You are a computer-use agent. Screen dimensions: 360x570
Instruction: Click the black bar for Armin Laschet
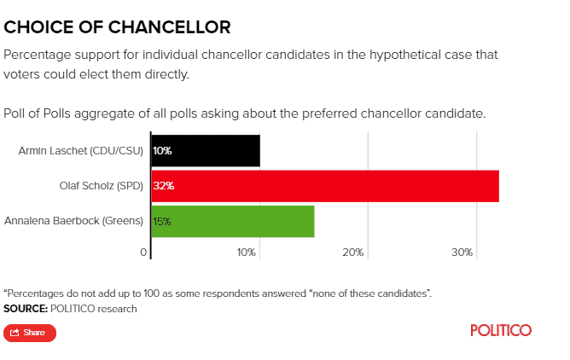pyautogui.click(x=206, y=151)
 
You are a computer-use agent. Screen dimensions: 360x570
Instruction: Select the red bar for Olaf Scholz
pyautogui.click(x=325, y=186)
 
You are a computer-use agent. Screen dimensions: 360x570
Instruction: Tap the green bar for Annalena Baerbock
pyautogui.click(x=233, y=221)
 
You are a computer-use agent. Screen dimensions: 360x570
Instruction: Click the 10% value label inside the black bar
pyautogui.click(x=162, y=151)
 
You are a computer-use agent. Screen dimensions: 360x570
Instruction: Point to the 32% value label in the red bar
pyautogui.click(x=163, y=186)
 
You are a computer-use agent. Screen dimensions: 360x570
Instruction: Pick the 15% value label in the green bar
pyautogui.click(x=162, y=221)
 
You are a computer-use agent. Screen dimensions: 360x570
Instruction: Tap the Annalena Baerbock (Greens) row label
pyautogui.click(x=73, y=221)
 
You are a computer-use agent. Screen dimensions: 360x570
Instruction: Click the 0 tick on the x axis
pyautogui.click(x=143, y=253)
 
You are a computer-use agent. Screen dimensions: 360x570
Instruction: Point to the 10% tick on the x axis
pyautogui.click(x=247, y=253)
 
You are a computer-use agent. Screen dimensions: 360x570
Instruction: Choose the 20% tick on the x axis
pyautogui.click(x=353, y=253)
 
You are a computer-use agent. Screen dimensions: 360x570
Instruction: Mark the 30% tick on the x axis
pyautogui.click(x=462, y=253)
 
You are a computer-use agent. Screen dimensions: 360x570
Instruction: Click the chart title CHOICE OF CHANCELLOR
pyautogui.click(x=117, y=27)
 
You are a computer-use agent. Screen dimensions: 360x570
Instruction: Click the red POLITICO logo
pyautogui.click(x=501, y=330)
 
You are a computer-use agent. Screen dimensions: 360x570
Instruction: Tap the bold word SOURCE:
pyautogui.click(x=25, y=308)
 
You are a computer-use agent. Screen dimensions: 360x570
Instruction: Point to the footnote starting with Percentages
pyautogui.click(x=218, y=293)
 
